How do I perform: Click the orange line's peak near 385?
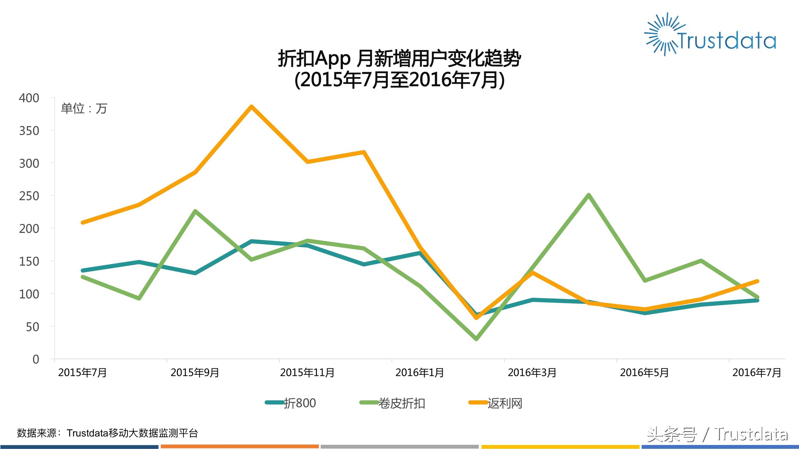(251, 107)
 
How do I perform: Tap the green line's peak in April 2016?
(588, 195)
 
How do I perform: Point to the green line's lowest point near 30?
(477, 339)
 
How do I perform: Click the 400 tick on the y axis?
(29, 98)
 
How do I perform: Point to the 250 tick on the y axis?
(29, 196)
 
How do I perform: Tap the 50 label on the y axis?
(33, 327)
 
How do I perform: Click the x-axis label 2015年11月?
(307, 372)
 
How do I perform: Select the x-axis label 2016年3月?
(532, 372)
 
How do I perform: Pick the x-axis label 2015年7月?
(82, 372)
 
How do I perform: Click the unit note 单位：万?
(84, 108)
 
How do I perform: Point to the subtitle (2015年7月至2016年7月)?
(399, 80)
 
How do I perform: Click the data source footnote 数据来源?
(107, 433)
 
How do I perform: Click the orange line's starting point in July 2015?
(83, 222)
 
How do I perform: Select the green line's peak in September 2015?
(195, 211)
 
